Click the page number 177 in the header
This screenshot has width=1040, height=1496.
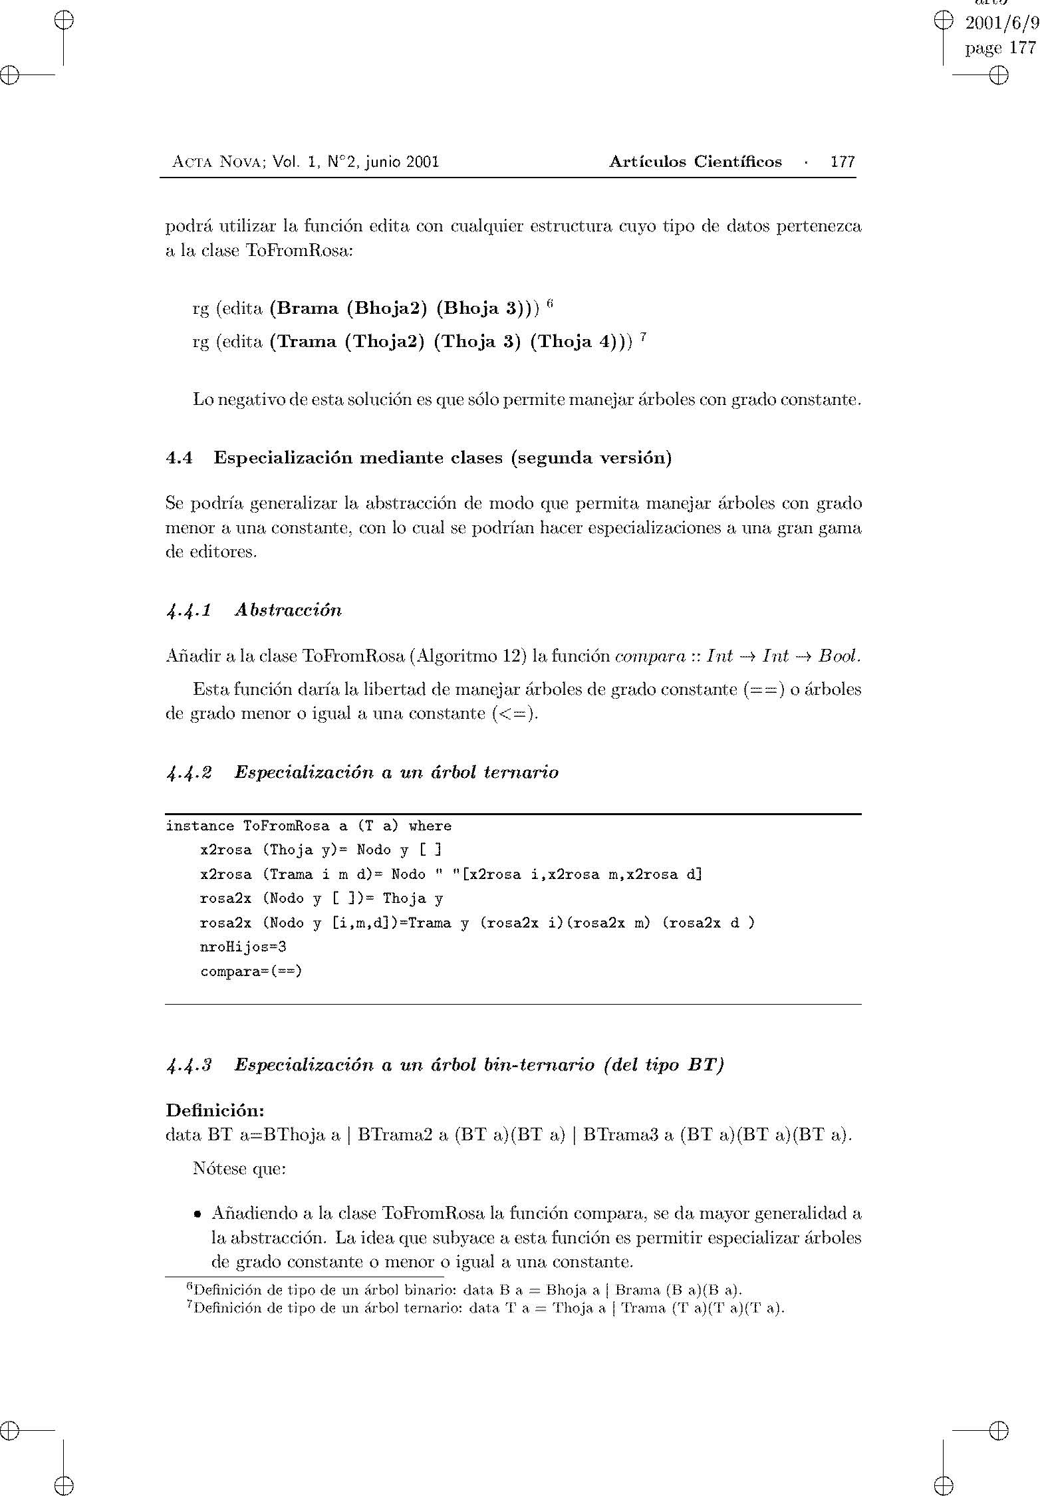pyautogui.click(x=843, y=162)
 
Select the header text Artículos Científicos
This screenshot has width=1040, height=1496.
pyautogui.click(x=695, y=162)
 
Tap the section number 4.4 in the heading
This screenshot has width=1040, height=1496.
pyautogui.click(x=179, y=458)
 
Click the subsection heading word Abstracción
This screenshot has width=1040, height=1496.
pyautogui.click(x=288, y=610)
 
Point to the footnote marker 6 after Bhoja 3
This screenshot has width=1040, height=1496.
pyautogui.click(x=550, y=304)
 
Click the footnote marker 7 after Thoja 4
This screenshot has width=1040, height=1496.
pyautogui.click(x=643, y=338)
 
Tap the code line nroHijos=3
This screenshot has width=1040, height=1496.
pyautogui.click(x=243, y=946)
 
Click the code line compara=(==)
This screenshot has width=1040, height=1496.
pyautogui.click(x=251, y=971)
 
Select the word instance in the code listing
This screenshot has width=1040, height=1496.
pyautogui.click(x=199, y=826)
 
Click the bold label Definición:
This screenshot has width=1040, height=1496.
pyautogui.click(x=215, y=1110)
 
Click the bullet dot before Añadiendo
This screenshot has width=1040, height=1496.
pyautogui.click(x=197, y=1215)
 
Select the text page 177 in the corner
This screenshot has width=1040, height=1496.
pyautogui.click(x=1000, y=48)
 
